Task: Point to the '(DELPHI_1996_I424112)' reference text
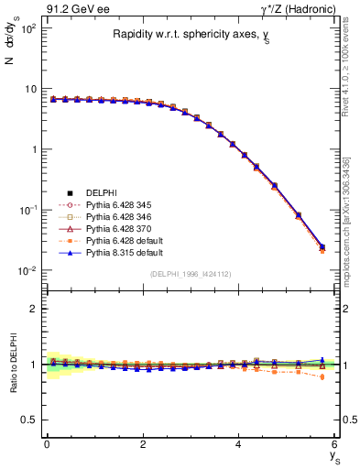(191, 274)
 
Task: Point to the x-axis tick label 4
(239, 444)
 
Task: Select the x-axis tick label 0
(47, 444)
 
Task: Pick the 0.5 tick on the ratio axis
(30, 420)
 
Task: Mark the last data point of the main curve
(322, 247)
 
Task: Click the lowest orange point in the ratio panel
(322, 376)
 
